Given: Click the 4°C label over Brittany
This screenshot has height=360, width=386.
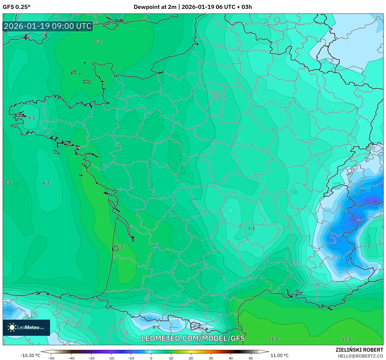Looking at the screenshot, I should point(32,118).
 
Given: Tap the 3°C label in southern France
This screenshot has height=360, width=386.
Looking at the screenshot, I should point(252,228).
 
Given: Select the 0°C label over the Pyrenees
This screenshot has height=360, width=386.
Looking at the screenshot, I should point(156,327).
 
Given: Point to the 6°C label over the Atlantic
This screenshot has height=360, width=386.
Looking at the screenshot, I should point(47,183).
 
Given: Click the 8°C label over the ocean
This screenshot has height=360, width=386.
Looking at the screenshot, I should point(8,183).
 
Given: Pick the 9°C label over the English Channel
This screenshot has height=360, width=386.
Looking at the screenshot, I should point(98,42).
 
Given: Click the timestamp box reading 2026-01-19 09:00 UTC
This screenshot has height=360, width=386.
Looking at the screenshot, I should point(48,26).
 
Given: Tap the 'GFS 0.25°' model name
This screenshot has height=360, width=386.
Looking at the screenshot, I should point(16,7).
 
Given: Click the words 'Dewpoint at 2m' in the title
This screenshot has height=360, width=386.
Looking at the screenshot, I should point(155,7).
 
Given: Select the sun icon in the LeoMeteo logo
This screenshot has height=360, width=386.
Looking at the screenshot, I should point(12,327).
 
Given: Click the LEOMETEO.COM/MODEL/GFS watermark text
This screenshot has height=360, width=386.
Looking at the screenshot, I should point(193,338).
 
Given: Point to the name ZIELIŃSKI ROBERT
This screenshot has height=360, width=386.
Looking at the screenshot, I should point(359,350).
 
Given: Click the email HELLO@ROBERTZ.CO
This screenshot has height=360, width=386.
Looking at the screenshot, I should point(360,356).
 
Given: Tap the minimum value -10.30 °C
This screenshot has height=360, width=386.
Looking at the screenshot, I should point(30,355).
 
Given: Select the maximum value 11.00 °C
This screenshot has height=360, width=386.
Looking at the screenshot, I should point(279,355).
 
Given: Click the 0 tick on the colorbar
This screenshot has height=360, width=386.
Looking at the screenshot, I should point(151,358).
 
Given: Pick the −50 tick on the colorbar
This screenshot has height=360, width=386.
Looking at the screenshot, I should point(51,358).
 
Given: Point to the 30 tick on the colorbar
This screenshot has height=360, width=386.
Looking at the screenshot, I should point(211,358).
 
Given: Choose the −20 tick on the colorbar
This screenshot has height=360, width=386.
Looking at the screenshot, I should point(111,358).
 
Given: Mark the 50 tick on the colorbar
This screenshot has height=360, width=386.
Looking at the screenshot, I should point(251,358).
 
